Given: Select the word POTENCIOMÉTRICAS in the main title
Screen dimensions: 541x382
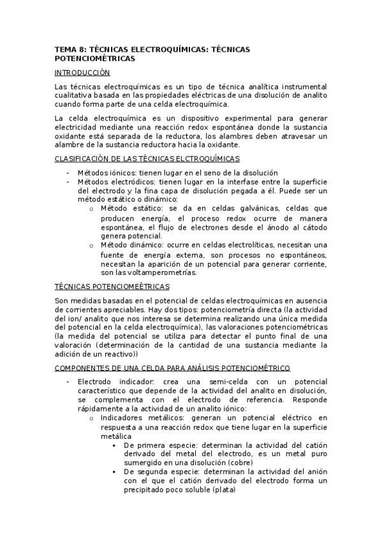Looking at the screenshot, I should (x=94, y=58).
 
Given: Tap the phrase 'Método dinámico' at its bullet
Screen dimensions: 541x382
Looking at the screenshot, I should (x=129, y=245).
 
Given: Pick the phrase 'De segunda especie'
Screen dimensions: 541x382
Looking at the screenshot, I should (x=159, y=472).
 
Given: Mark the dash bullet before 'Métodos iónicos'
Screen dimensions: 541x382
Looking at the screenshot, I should (x=67, y=173).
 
